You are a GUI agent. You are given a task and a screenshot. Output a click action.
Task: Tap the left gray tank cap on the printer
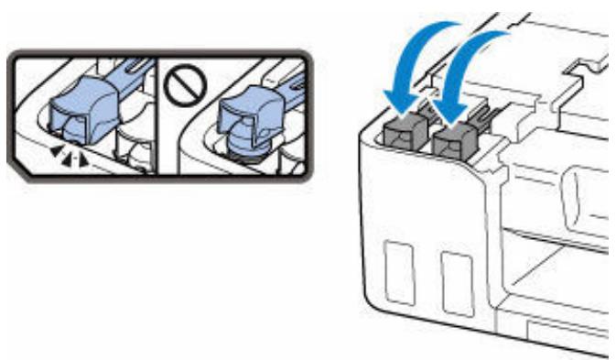click(x=404, y=132)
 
